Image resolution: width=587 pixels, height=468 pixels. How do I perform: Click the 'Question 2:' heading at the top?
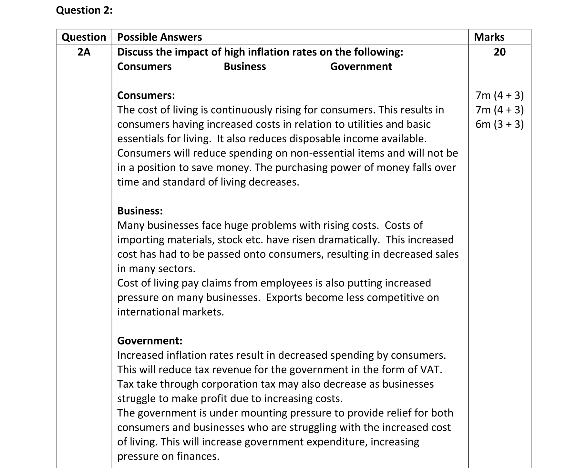(x=84, y=10)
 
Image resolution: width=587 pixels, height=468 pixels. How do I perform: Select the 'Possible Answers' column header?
(x=160, y=37)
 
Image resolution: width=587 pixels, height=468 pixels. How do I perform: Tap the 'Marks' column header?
(x=489, y=37)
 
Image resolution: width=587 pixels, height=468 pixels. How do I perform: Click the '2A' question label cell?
(x=84, y=52)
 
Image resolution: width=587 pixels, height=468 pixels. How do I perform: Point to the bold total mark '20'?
(x=499, y=52)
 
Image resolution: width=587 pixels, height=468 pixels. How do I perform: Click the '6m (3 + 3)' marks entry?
(x=499, y=124)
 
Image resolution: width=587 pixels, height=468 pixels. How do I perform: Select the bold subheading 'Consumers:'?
(x=146, y=95)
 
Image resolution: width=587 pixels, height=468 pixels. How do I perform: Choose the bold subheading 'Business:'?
(x=140, y=211)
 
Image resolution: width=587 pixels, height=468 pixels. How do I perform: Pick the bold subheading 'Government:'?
(x=149, y=341)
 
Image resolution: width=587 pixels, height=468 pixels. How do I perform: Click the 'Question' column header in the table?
(x=84, y=37)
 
